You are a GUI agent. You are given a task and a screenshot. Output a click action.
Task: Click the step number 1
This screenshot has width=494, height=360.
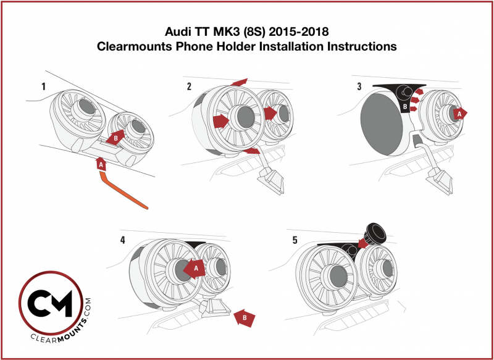click(44, 86)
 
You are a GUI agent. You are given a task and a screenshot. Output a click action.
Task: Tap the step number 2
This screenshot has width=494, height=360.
click(189, 86)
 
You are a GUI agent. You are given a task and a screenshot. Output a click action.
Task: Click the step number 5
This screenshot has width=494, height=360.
click(295, 239)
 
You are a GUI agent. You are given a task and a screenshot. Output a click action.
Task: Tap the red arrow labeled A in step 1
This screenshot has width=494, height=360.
click(101, 164)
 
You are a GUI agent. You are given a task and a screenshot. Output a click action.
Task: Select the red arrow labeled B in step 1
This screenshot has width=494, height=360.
click(115, 138)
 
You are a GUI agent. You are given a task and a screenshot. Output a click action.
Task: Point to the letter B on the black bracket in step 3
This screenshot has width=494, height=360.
click(404, 107)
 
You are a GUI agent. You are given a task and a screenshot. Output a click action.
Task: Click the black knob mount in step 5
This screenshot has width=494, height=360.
click(374, 233)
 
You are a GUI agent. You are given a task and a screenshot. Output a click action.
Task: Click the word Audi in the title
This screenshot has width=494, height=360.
click(177, 32)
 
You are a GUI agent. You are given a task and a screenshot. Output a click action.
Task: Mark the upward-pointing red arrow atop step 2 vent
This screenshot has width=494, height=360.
click(240, 82)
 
